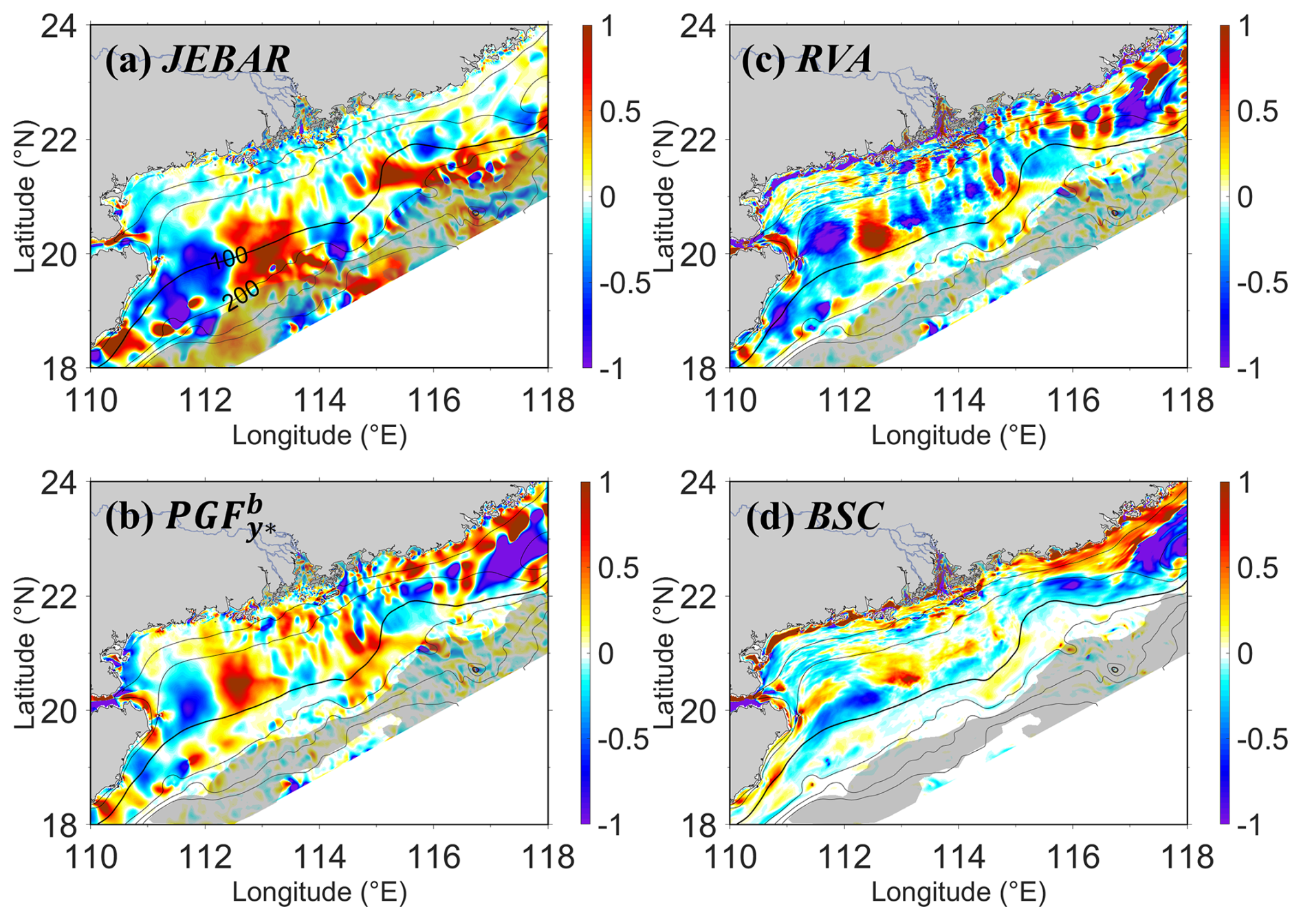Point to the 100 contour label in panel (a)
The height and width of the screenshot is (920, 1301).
[x=230, y=258]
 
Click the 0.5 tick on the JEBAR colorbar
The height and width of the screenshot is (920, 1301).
[x=620, y=112]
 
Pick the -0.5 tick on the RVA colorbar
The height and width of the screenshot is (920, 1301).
[x=1262, y=283]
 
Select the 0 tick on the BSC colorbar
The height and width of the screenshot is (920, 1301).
[x=1244, y=653]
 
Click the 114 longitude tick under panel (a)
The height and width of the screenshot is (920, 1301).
[x=319, y=399]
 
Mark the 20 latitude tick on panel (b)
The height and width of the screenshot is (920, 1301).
[x=60, y=710]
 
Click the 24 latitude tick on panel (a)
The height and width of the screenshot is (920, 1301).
[x=60, y=26]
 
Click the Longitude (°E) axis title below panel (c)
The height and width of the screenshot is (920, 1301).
[x=959, y=435]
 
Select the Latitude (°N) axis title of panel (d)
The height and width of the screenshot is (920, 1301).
[x=665, y=653]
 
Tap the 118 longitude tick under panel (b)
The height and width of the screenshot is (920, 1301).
[x=548, y=857]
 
